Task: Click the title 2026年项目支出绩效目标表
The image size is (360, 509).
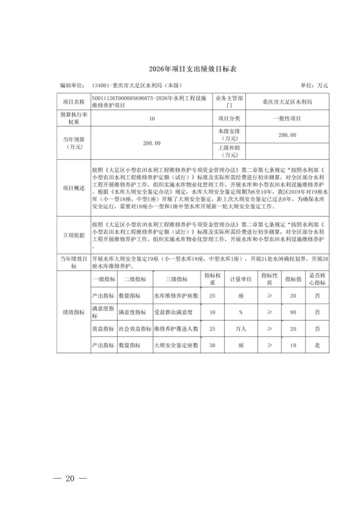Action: pyautogui.click(x=193, y=69)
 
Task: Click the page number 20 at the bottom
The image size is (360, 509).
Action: pyautogui.click(x=70, y=479)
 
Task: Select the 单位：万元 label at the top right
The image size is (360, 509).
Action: pyautogui.click(x=314, y=85)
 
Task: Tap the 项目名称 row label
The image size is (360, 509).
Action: pyautogui.click(x=74, y=102)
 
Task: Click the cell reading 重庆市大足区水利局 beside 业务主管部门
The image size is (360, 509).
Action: pyautogui.click(x=287, y=102)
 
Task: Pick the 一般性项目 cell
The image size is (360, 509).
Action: pyautogui.click(x=287, y=119)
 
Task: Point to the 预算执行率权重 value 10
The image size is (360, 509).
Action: pyautogui.click(x=152, y=119)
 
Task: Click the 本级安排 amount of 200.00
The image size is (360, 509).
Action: pyautogui.click(x=287, y=135)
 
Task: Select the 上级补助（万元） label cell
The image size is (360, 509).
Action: pyautogui.click(x=229, y=151)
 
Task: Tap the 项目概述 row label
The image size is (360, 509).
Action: pyautogui.click(x=74, y=188)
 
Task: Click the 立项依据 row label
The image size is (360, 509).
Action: pyautogui.click(x=74, y=235)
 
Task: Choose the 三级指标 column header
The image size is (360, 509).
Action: pyautogui.click(x=177, y=279)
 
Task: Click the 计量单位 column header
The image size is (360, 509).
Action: pyautogui.click(x=241, y=279)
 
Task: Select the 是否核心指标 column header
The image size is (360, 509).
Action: pyautogui.click(x=317, y=279)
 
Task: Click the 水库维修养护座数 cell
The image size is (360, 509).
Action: pyautogui.click(x=176, y=296)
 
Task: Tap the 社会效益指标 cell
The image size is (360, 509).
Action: pyautogui.click(x=135, y=329)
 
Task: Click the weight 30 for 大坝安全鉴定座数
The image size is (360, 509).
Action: pyautogui.click(x=212, y=345)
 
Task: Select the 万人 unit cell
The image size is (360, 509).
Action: pyautogui.click(x=241, y=329)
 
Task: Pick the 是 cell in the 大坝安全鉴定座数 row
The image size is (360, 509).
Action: pyautogui.click(x=317, y=345)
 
